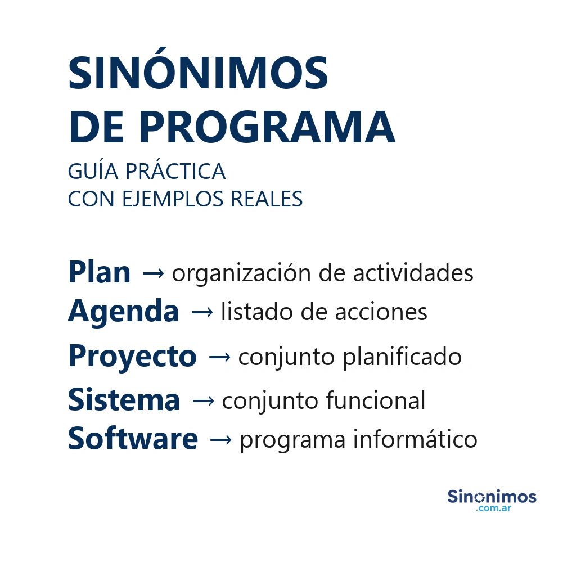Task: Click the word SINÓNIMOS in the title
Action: pos(198,74)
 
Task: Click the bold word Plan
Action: pos(99,273)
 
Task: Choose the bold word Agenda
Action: pos(124,311)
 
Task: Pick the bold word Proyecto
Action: pos(132,357)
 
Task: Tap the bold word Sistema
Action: pos(124,400)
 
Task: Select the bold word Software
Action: pos(133,439)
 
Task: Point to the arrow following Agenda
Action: pos(202,312)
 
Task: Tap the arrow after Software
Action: pos(220,440)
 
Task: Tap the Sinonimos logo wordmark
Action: pos(492,497)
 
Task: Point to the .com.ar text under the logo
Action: pos(493,508)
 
